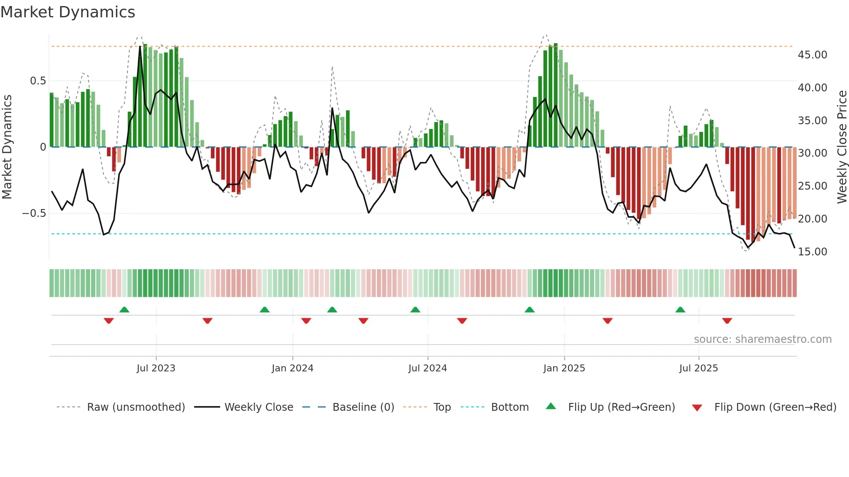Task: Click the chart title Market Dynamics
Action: (x=68, y=12)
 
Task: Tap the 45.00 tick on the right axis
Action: (x=812, y=55)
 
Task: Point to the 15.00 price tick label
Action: (x=812, y=251)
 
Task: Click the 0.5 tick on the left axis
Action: (x=38, y=81)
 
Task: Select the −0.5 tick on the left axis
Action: (x=34, y=213)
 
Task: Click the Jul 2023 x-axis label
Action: (x=156, y=368)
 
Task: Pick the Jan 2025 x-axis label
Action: (x=564, y=368)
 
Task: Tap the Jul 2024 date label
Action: (x=428, y=368)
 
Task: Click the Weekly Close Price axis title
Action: (x=842, y=147)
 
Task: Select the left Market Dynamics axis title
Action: (x=7, y=147)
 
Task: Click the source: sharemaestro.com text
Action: (x=762, y=339)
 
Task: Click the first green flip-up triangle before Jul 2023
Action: (x=124, y=310)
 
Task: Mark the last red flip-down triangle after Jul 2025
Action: (x=727, y=321)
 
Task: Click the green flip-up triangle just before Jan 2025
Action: (x=529, y=310)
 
